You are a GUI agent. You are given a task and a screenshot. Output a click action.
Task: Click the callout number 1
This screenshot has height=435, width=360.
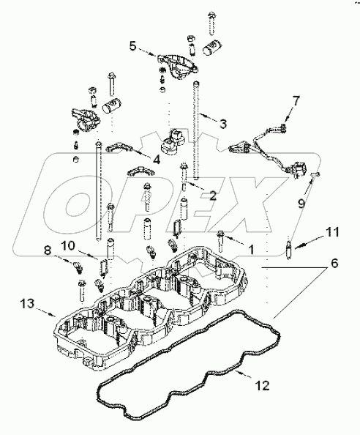[x=251, y=250]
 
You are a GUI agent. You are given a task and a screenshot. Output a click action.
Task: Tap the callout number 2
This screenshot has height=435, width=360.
[x=213, y=196]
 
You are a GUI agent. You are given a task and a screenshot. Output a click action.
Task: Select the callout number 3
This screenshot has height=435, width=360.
[x=223, y=124]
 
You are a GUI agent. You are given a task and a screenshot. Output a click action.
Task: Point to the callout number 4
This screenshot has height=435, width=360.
[x=157, y=160]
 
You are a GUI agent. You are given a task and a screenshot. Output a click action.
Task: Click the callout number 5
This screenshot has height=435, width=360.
[x=133, y=46]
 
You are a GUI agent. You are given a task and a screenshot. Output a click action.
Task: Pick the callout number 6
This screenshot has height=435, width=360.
[x=334, y=263]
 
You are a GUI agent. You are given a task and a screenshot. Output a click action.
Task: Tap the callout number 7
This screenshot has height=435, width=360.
[x=296, y=101]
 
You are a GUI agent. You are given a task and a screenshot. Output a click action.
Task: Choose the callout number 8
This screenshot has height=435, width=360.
[x=48, y=250]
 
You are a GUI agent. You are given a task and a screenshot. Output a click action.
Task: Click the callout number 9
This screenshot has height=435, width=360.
[x=301, y=203]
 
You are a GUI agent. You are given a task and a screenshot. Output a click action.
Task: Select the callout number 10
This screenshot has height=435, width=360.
[x=68, y=245]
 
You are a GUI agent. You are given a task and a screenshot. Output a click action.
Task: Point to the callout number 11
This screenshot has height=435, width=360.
[x=333, y=232]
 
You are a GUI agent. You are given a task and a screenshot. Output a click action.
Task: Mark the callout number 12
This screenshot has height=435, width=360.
[x=263, y=385]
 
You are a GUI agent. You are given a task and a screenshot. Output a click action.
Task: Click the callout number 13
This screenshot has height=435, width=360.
[x=27, y=303]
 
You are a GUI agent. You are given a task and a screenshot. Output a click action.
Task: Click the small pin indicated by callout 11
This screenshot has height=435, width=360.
[x=289, y=249]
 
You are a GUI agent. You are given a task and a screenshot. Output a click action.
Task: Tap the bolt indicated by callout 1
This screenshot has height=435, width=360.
[x=220, y=241]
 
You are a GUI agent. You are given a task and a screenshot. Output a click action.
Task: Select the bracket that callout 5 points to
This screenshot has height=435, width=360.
[x=177, y=67]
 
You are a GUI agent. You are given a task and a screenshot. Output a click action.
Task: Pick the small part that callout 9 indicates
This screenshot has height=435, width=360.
[x=316, y=174]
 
